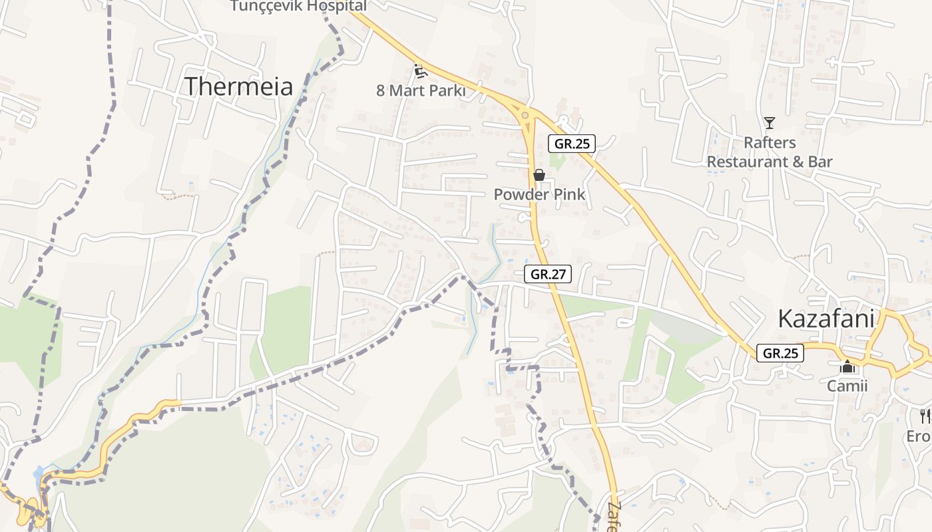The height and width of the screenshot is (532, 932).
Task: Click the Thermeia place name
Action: [x=238, y=86]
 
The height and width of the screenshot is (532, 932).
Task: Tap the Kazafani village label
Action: [x=825, y=319]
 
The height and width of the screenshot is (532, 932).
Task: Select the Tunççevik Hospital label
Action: [x=298, y=6]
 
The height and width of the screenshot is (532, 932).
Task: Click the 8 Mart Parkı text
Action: [x=420, y=90]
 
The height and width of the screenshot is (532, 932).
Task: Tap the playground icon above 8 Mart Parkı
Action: [x=419, y=70]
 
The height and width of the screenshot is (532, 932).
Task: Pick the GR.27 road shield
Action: [x=548, y=273]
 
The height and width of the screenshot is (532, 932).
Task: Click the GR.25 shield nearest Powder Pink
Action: [x=572, y=143]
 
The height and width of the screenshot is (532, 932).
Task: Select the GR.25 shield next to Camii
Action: [x=780, y=353]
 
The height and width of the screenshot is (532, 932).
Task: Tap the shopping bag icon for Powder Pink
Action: [x=539, y=175]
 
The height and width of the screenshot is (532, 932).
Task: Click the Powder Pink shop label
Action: [x=539, y=194]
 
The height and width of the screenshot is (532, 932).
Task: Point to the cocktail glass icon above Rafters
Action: [x=770, y=123]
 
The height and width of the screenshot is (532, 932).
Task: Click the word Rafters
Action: [x=770, y=142]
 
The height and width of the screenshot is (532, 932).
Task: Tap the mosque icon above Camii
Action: [x=847, y=366]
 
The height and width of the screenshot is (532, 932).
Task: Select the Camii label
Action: [x=847, y=386]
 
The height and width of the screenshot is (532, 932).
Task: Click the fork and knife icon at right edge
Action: [x=925, y=416]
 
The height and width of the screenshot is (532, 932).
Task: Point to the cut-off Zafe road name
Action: [x=613, y=516]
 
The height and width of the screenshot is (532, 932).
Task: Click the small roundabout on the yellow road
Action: [x=525, y=116]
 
